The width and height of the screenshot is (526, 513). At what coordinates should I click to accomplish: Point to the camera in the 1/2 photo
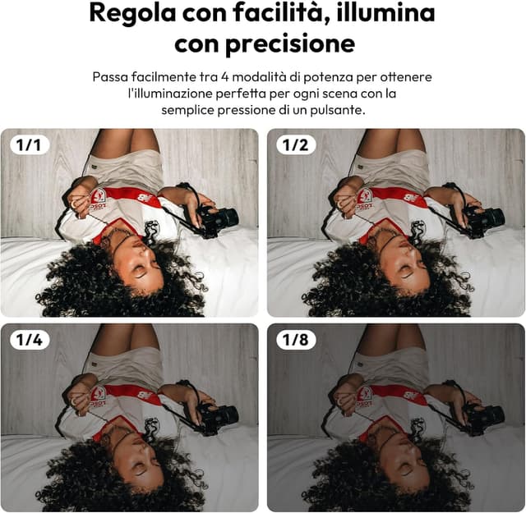pyautogui.click(x=482, y=218)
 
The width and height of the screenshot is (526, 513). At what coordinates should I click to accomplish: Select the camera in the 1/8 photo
pyautogui.click(x=482, y=415)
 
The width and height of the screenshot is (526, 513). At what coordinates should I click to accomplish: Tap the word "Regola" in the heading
pyautogui.click(x=129, y=13)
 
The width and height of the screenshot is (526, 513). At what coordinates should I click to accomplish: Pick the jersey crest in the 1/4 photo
pyautogui.click(x=99, y=392)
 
